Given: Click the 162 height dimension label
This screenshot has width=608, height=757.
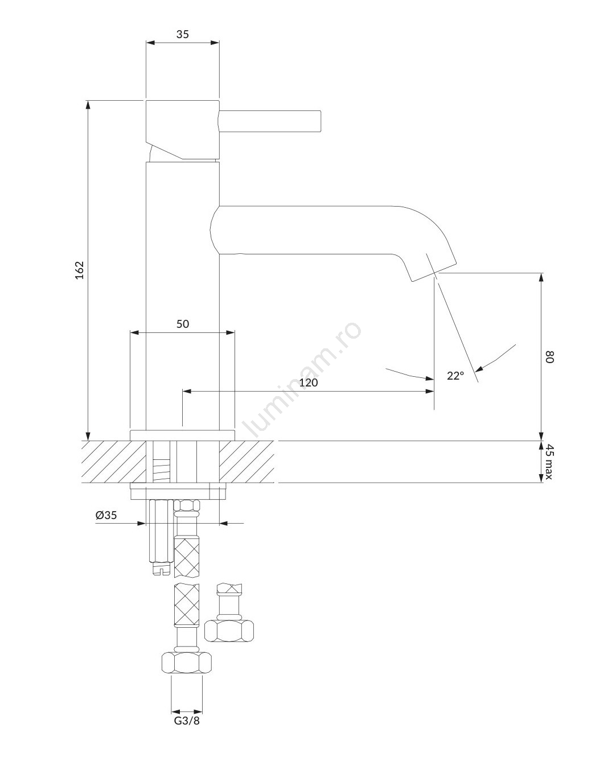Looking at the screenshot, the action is tap(80, 270).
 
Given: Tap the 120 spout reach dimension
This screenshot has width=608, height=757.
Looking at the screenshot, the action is tap(308, 382).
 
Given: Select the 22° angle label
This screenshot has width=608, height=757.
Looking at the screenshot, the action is tap(455, 376).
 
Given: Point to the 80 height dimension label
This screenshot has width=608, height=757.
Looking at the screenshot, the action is tap(549, 357).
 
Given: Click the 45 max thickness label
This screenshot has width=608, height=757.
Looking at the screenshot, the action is tap(549, 462).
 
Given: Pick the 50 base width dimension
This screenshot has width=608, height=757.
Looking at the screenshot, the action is tap(183, 324).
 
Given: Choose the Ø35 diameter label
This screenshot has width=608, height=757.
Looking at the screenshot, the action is tap(106, 515).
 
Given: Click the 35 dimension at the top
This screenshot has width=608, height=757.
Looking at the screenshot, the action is tap(183, 34).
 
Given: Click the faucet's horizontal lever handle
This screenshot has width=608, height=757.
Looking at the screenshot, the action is tap(270, 122).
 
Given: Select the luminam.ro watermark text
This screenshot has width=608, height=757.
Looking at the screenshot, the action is tap(303, 379).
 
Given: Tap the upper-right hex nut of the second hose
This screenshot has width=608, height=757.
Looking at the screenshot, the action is tap(229, 631).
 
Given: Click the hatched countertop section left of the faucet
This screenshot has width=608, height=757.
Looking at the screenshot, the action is tap(114, 462).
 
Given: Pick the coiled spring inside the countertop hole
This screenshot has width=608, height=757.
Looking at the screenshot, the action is tap(161, 470).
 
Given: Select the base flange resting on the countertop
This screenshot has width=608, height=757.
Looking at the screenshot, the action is tap(182, 435).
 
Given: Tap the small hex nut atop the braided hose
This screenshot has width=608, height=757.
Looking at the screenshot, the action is tap(187, 505).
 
